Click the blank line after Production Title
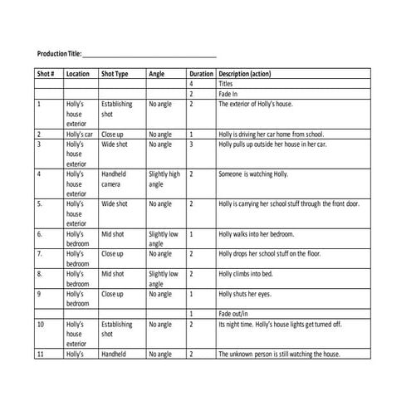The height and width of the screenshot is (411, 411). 149,55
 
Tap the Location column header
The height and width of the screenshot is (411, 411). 77,74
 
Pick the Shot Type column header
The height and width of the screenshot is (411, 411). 115,74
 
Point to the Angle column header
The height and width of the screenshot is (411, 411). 156,74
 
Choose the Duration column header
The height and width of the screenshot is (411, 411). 201,74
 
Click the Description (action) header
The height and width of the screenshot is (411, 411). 244,74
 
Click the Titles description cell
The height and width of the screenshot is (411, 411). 226,84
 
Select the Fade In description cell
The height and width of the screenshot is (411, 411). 228,94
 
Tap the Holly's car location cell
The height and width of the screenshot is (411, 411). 79,134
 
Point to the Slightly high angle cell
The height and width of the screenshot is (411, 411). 164,179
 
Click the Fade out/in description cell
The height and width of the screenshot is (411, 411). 233,314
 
